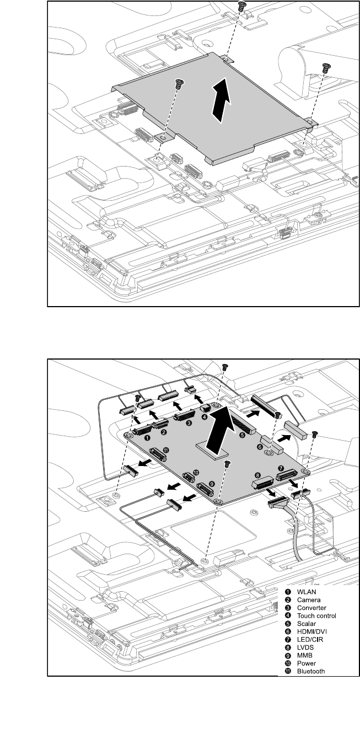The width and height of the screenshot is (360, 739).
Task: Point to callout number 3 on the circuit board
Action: point(189,424)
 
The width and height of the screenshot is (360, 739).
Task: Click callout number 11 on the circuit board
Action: point(165,451)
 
